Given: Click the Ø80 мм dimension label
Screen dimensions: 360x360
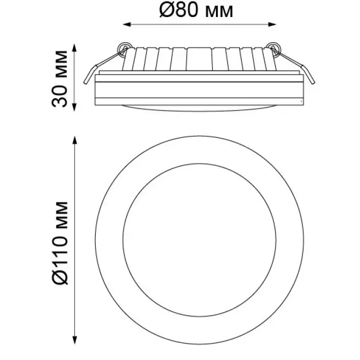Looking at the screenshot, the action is (x=196, y=10).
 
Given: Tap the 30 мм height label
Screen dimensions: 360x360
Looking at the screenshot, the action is (x=60, y=79).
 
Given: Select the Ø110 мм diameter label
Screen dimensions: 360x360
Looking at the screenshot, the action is (x=60, y=243).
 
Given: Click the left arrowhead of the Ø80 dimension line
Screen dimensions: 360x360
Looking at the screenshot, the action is (x=127, y=24).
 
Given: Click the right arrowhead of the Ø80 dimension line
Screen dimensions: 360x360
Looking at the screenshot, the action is (x=272, y=24).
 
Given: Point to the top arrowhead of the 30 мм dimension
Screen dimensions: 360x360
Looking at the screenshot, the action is (x=74, y=48).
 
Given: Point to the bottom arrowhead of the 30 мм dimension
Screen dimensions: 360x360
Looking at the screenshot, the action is (x=74, y=107).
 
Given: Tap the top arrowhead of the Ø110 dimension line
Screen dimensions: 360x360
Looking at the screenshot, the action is (x=74, y=140).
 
